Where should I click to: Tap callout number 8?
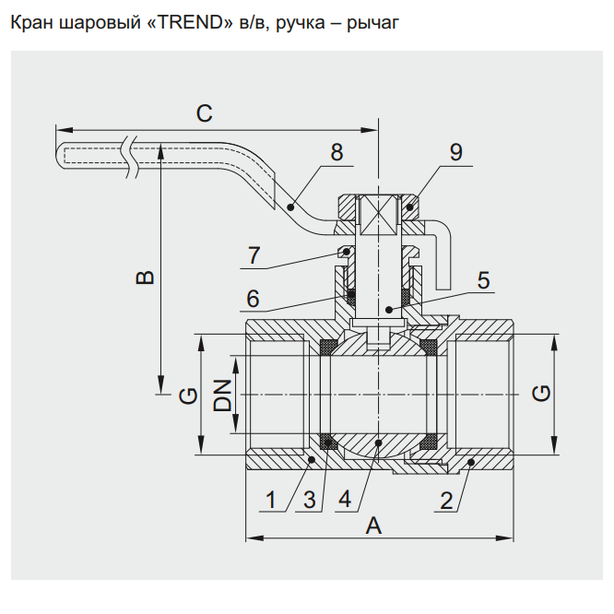(x=337, y=152)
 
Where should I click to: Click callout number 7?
(x=255, y=254)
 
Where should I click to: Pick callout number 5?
(x=483, y=279)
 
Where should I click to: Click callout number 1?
(x=271, y=501)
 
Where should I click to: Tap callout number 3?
(x=310, y=501)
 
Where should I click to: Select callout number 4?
(x=345, y=501)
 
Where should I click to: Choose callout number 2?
(x=446, y=501)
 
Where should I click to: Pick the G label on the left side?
(x=187, y=396)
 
